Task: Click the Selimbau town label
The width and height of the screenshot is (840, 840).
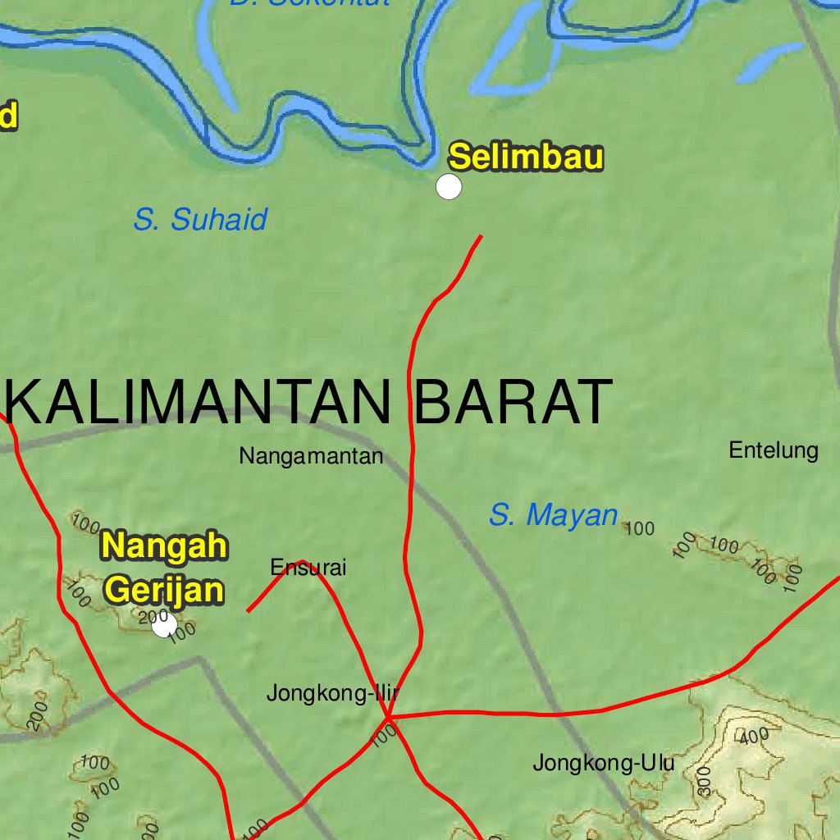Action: point(526,157)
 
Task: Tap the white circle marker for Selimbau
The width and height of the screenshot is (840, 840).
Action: point(449,187)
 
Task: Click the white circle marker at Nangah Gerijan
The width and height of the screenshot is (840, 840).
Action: point(165,625)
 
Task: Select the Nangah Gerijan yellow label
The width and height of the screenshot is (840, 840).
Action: point(165,568)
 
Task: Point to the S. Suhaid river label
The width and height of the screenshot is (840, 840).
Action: point(200,220)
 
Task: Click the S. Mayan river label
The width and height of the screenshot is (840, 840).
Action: point(553,515)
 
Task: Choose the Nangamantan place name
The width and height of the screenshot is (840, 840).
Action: point(311,456)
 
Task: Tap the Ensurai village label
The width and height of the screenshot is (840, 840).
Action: point(308,567)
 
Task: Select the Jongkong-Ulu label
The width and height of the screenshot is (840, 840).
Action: point(604,763)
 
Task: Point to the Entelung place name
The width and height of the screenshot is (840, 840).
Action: point(774,450)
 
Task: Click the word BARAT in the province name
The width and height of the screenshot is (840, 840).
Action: point(514,402)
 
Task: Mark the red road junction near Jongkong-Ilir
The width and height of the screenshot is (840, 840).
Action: point(387,718)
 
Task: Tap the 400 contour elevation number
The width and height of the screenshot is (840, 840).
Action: point(752,737)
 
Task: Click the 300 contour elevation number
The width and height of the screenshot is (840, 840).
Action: point(704,783)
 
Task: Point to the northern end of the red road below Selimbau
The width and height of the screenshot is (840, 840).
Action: point(481,236)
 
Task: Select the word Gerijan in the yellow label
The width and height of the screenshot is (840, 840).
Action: point(165,590)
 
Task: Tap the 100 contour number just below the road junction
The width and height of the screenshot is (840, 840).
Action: point(383,737)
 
